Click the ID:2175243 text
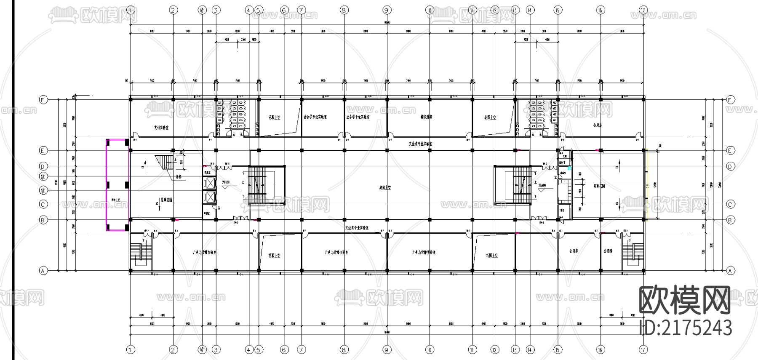685,328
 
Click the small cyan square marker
569,168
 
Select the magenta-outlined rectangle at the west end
117,185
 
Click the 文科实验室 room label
161,127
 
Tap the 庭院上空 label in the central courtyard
385,188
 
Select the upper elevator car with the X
209,183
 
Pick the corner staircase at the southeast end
633,255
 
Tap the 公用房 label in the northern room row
597,125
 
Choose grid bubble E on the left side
43,150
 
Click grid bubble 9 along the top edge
387,10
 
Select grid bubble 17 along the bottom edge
643,349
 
